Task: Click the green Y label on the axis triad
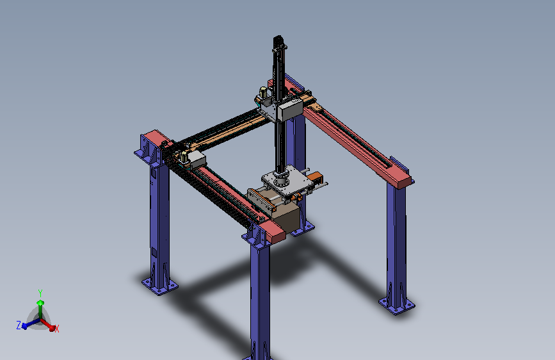point(40,293)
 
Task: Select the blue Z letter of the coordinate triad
point(19,325)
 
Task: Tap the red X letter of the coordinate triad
point(57,329)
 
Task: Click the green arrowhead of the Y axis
point(40,302)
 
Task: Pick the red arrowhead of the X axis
point(52,328)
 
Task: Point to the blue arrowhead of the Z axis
point(24,326)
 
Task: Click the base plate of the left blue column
point(160,286)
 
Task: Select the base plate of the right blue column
point(397,306)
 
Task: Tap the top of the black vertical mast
point(279,38)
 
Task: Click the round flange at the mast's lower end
point(281,181)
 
